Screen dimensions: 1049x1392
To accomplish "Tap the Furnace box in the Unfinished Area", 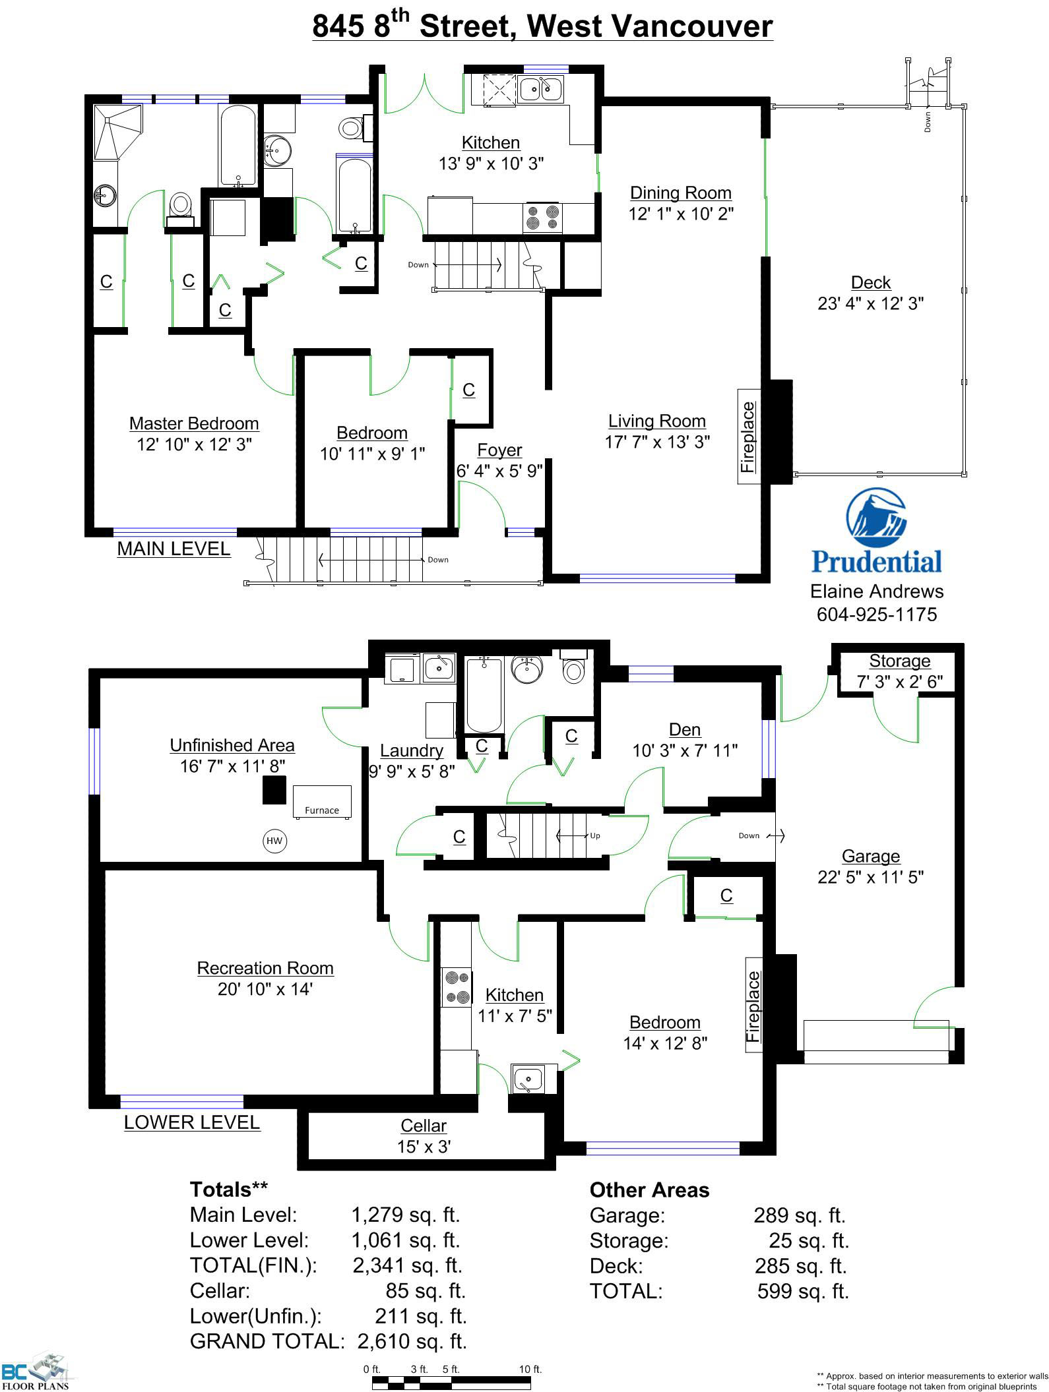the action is [321, 801].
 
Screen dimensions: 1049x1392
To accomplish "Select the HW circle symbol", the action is [274, 840].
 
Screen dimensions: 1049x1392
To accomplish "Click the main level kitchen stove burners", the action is [542, 218].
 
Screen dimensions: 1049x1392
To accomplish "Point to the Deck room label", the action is [871, 282].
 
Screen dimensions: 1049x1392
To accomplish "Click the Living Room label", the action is [657, 421].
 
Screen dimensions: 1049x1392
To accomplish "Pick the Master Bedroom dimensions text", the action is [194, 444].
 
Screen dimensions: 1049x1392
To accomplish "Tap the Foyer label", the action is [499, 450].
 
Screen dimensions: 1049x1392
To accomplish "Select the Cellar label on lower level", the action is [424, 1126].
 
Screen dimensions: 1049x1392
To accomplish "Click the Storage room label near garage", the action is [899, 661].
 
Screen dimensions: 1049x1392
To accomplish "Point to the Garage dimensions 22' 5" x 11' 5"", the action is [871, 877].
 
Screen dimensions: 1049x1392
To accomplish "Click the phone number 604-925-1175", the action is [877, 615].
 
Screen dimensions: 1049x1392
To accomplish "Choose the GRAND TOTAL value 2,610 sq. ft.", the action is [412, 1341].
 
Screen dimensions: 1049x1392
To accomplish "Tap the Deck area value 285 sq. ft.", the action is [800, 1265].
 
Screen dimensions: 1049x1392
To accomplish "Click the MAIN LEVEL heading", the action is [174, 549].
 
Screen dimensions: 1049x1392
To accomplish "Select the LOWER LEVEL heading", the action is [192, 1122].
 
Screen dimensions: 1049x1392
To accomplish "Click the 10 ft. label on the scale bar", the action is [530, 1369].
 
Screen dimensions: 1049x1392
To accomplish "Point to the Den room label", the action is [685, 729].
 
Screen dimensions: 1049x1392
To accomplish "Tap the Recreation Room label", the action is [265, 968].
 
